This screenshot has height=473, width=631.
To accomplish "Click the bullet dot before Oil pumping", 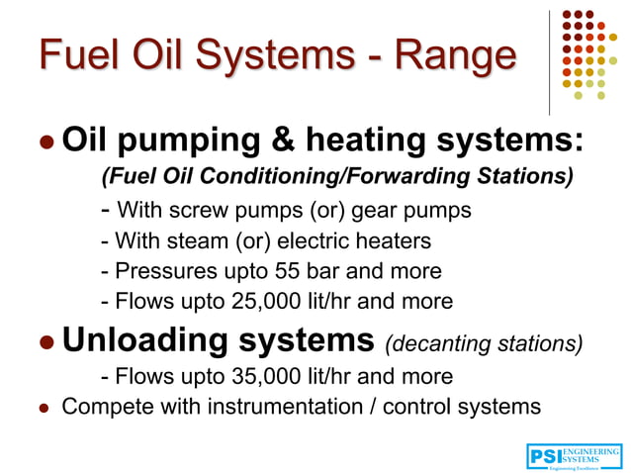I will [45, 144].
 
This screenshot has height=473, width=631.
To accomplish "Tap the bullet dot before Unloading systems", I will [45, 342].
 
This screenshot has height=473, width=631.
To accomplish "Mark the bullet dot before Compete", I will [45, 408].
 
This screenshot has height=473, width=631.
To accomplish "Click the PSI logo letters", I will [544, 456].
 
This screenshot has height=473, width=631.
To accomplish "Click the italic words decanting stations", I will [484, 342].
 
